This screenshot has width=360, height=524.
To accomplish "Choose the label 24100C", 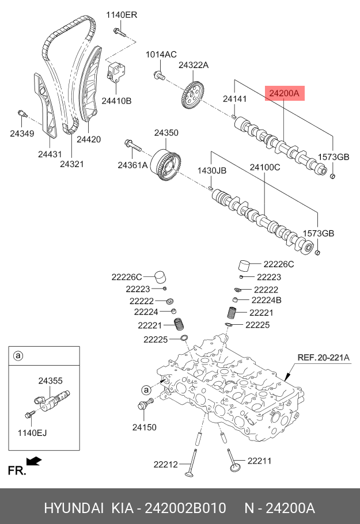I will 264,168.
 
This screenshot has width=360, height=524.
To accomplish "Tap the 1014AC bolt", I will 159,74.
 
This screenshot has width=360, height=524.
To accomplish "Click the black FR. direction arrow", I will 35,460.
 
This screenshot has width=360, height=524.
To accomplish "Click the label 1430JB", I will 212,171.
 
